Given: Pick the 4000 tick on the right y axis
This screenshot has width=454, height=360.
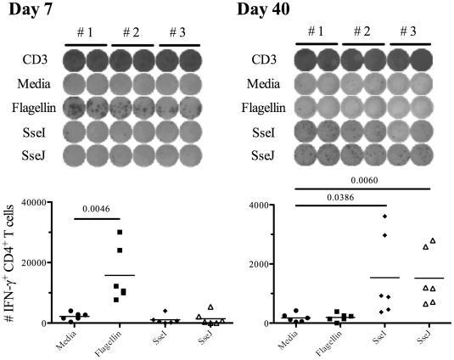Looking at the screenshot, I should tap(259, 205).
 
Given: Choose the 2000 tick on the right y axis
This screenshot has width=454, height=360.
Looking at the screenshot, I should tap(259, 264).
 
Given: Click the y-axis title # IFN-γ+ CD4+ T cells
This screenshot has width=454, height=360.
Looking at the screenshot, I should tap(9, 263).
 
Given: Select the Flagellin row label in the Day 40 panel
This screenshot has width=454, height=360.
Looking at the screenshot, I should tap(272, 104).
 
